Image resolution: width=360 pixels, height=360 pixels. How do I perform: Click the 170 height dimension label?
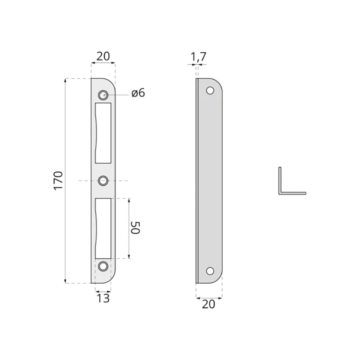click(x=58, y=180)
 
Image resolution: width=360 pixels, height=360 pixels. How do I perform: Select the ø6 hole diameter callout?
click(x=138, y=93)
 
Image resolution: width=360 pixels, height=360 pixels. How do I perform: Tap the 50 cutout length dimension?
click(x=135, y=228)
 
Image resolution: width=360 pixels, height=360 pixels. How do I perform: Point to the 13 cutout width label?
click(x=103, y=298)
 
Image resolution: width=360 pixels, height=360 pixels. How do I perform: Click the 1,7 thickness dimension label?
click(x=199, y=57)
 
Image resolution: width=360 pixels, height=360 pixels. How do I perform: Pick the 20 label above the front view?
click(x=103, y=56)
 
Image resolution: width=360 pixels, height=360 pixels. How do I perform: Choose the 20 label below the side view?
click(x=208, y=304)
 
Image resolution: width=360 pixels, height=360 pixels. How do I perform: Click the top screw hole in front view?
click(x=103, y=95)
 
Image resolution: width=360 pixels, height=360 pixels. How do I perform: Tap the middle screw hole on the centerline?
click(x=103, y=180)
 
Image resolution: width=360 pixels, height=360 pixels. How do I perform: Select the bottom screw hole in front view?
click(x=103, y=266)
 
